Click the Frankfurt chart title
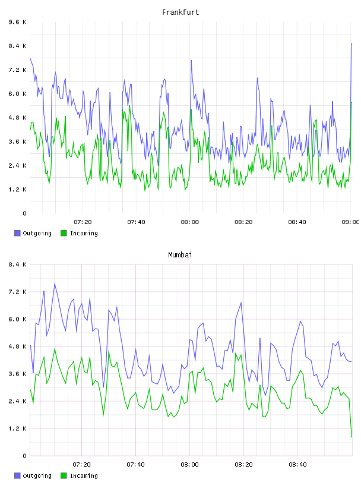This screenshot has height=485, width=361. [x=180, y=12]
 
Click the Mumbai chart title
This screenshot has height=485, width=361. [x=180, y=255]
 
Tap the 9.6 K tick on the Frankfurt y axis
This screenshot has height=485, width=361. [x=17, y=22]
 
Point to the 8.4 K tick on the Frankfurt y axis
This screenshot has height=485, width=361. [x=17, y=46]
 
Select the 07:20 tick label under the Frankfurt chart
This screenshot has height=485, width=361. [x=83, y=222]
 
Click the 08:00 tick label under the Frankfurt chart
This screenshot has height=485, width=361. [x=190, y=222]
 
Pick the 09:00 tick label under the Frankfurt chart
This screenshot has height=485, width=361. [x=351, y=222]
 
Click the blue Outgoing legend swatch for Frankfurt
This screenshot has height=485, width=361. [x=17, y=233]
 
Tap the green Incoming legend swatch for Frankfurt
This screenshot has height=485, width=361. [x=64, y=233]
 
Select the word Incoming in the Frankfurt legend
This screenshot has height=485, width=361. [x=84, y=234]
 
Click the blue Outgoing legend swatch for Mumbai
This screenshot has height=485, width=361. [x=17, y=475]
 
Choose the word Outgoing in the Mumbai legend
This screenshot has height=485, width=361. [x=37, y=476]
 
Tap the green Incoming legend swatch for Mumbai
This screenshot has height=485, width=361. [x=64, y=475]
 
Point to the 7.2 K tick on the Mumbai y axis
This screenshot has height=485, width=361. [x=17, y=292]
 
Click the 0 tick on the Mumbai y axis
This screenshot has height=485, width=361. [x=24, y=456]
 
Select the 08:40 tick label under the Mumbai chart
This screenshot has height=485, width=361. [x=297, y=465]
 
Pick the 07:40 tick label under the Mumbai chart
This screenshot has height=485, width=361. [x=136, y=465]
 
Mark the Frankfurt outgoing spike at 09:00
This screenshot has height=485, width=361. [x=351, y=44]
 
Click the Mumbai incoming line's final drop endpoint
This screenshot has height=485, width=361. [x=351, y=437]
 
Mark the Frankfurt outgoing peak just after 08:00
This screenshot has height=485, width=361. [x=191, y=60]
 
